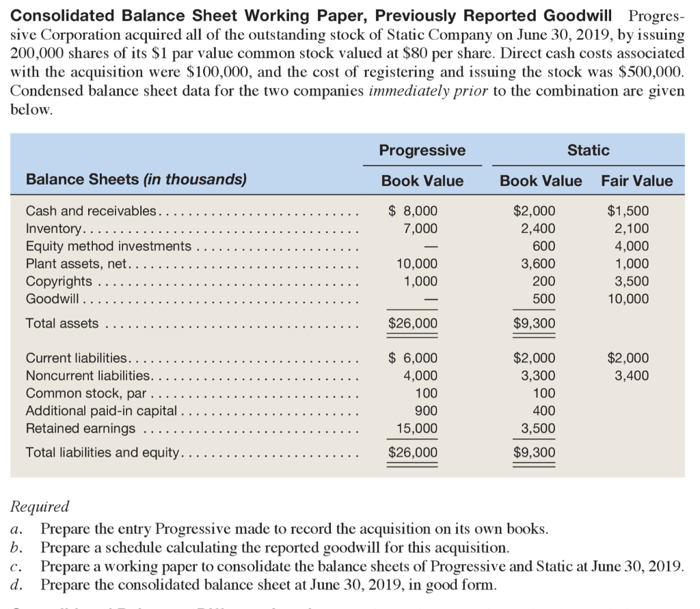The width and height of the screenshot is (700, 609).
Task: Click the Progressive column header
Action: (422, 150)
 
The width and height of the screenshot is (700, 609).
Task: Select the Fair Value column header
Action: (636, 181)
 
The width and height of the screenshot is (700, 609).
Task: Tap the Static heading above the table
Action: (588, 150)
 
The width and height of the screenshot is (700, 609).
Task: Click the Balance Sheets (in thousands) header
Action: (136, 180)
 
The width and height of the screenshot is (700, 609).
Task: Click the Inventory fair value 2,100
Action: (632, 229)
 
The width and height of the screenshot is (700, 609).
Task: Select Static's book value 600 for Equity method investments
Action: (543, 246)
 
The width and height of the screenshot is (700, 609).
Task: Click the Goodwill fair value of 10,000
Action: (628, 299)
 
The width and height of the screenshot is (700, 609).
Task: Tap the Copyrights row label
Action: (59, 281)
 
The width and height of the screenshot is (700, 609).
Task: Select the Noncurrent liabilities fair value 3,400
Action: (632, 375)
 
